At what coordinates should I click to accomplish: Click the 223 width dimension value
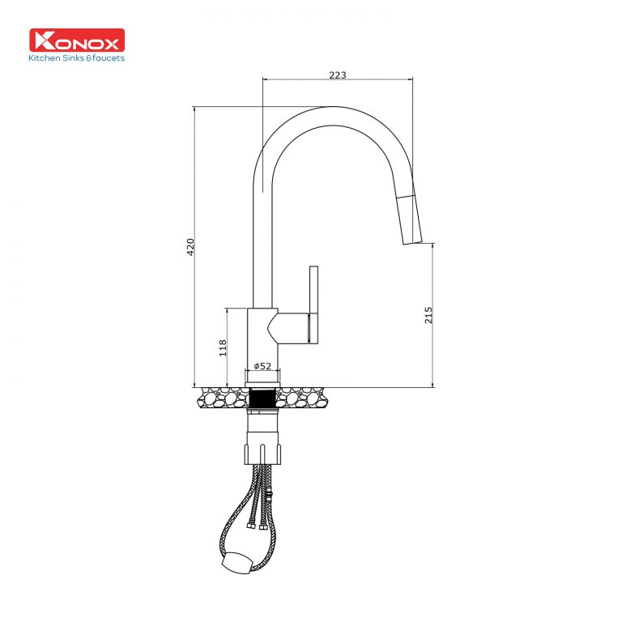[x=338, y=75]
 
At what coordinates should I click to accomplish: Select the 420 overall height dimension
[x=190, y=246]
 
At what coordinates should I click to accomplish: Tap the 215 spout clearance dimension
[x=428, y=313]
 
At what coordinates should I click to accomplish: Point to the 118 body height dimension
[x=223, y=347]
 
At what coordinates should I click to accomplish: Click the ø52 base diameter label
[x=262, y=366]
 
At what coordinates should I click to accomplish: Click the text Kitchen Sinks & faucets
[x=77, y=58]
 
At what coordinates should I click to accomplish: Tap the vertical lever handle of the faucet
[x=313, y=304]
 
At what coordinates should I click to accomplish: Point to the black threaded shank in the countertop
[x=262, y=398]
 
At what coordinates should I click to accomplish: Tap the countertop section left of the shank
[x=220, y=398]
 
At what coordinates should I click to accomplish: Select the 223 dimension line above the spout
[x=338, y=80]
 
